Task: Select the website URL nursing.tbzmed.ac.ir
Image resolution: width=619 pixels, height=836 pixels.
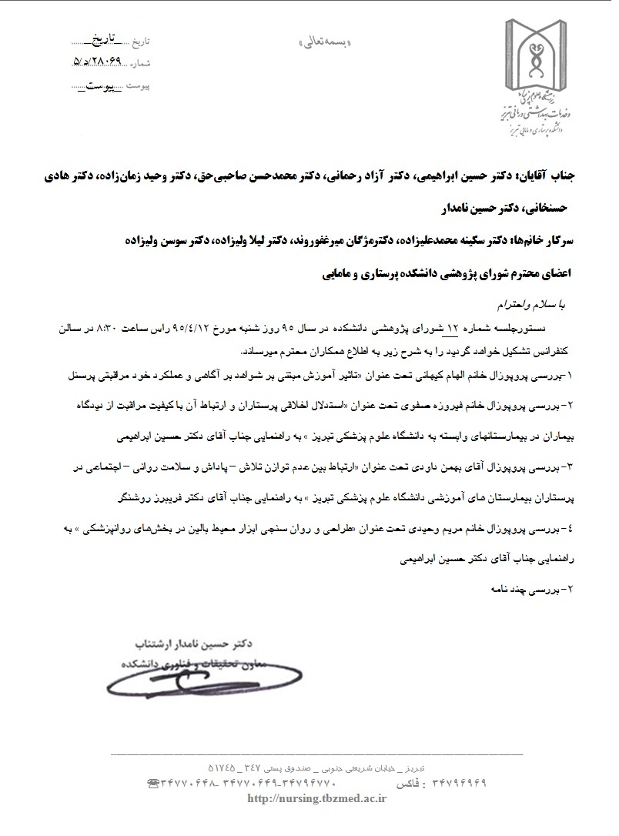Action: [x=316, y=799]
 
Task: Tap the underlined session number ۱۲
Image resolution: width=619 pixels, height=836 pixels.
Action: [x=453, y=329]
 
